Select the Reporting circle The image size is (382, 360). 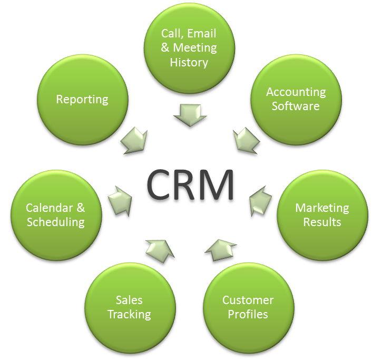[83, 100]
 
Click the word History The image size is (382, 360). [189, 62]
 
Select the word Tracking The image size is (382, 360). [130, 315]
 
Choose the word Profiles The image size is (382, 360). [248, 315]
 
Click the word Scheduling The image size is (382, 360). [56, 221]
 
